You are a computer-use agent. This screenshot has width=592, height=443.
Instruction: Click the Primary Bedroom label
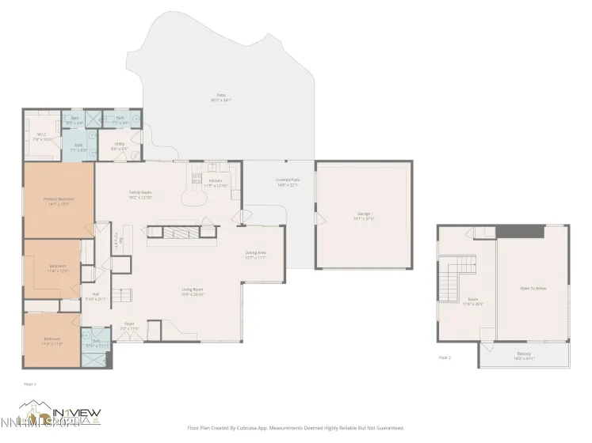pyautogui.click(x=58, y=201)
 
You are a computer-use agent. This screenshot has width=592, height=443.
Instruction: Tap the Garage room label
pyautogui.click(x=364, y=215)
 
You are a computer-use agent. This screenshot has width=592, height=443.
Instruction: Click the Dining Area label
pyautogui.click(x=255, y=255)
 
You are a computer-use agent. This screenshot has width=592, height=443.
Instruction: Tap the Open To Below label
pyautogui.click(x=533, y=290)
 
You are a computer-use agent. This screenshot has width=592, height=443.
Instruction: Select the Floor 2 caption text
pyautogui.click(x=445, y=358)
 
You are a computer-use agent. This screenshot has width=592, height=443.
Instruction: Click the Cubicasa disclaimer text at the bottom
pyautogui.click(x=295, y=428)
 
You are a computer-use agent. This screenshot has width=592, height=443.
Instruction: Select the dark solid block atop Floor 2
pyautogui.click(x=520, y=231)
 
